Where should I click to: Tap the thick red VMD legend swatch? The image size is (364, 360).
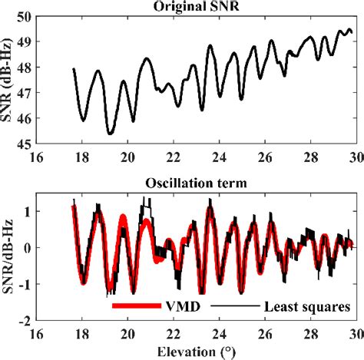point(135,306)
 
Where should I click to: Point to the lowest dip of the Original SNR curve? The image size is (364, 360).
point(110,134)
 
